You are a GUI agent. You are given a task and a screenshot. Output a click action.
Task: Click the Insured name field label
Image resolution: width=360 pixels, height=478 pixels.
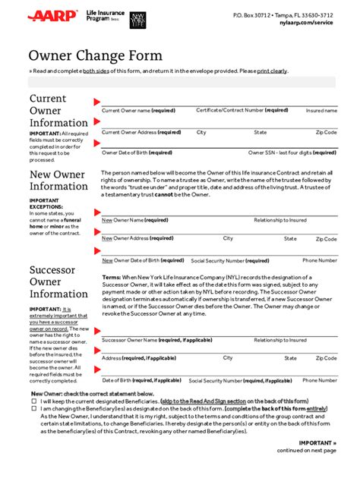pyautogui.click(x=321, y=111)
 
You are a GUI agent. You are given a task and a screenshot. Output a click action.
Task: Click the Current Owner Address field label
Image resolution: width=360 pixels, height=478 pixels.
pyautogui.click(x=140, y=132)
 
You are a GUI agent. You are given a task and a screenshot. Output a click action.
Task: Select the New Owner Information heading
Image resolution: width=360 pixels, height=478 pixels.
pyautogui.click(x=58, y=181)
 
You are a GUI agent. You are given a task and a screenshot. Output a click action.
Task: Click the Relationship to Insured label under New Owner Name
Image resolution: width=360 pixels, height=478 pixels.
pyautogui.click(x=280, y=220)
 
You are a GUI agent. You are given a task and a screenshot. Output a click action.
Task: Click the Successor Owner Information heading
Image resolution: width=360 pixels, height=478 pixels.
pyautogui.click(x=58, y=281)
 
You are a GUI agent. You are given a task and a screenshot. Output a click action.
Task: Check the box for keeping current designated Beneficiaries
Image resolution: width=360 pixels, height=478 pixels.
pyautogui.click(x=34, y=401)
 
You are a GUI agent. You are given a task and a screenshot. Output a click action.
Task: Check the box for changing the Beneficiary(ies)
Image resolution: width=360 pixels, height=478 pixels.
pyautogui.click(x=34, y=408)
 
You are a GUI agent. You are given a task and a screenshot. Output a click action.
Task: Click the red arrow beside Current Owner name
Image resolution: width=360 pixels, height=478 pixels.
pyautogui.click(x=96, y=101)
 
